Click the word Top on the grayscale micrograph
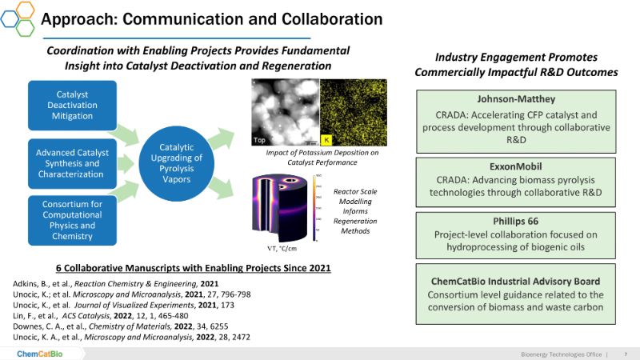[260, 139]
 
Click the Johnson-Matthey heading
[516, 100]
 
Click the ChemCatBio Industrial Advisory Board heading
[516, 281]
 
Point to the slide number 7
[625, 353]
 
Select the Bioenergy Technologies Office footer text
[558, 353]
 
